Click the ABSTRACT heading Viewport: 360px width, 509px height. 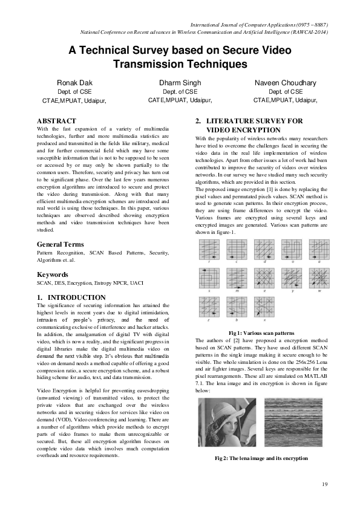[x=56, y=121]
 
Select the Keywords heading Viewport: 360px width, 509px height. [x=53, y=274]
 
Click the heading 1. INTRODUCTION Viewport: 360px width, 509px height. [x=71, y=297]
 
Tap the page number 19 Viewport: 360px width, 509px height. [x=324, y=484]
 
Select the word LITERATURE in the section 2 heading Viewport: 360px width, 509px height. [x=232, y=121]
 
